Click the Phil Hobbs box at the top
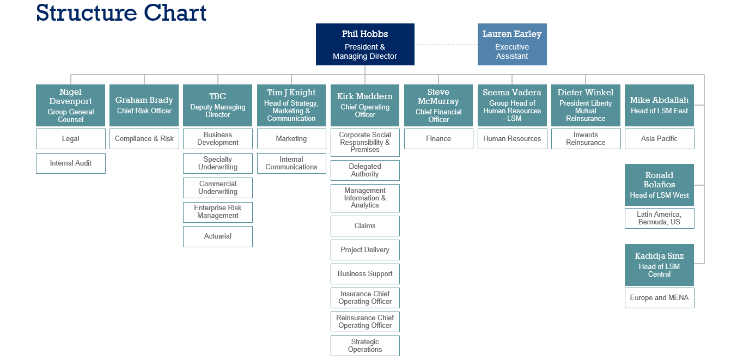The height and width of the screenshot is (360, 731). (365, 44)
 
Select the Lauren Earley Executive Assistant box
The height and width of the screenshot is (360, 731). (512, 44)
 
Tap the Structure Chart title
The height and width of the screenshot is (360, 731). (121, 13)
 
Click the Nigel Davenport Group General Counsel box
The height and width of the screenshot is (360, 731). (71, 105)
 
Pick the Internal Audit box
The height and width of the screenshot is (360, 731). (71, 163)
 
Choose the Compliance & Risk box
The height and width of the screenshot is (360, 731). (144, 138)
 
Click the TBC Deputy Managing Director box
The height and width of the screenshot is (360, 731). (218, 105)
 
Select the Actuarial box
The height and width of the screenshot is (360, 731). (218, 236)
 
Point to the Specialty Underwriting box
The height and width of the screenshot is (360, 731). (218, 163)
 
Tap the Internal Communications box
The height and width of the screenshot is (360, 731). (291, 163)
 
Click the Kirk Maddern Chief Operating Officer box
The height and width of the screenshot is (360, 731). (365, 105)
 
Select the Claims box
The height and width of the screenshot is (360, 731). (365, 225)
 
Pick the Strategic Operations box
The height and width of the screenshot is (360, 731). (365, 346)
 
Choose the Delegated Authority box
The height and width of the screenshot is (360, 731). (365, 170)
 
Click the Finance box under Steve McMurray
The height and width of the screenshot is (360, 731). (438, 138)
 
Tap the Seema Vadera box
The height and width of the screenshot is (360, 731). (512, 105)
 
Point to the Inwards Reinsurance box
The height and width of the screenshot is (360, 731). (586, 138)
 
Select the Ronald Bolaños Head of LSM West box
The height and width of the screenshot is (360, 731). (659, 185)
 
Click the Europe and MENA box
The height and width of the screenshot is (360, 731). (659, 297)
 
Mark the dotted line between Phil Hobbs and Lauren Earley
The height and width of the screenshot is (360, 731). (446, 45)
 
